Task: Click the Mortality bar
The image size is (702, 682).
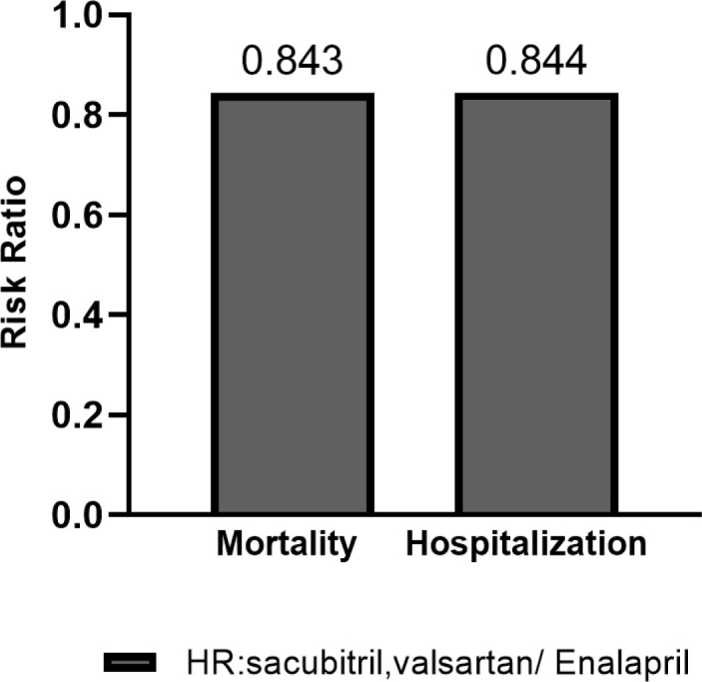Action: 292,305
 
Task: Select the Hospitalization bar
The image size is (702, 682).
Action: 537,305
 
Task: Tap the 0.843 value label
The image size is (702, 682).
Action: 293,63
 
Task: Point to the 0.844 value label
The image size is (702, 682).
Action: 537,63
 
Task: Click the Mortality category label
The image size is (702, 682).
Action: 287,545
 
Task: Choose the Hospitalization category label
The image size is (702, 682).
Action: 526,545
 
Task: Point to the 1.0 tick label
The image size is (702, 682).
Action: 63,17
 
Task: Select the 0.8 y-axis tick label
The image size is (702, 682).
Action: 63,116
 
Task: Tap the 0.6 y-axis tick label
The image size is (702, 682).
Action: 63,216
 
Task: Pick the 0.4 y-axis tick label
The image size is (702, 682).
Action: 63,316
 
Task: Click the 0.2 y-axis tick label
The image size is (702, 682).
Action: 63,415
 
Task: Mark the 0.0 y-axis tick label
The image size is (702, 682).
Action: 63,515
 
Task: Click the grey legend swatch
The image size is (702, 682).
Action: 130,661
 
